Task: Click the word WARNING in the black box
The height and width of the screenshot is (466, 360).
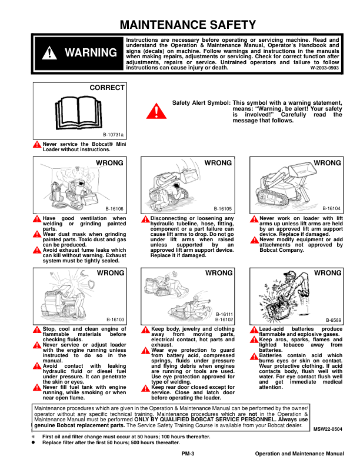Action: click(91, 53)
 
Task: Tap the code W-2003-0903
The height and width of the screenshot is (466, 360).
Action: click(324, 68)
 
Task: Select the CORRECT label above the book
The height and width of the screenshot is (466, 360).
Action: click(107, 88)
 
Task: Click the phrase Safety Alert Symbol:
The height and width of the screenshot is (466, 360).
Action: click(201, 102)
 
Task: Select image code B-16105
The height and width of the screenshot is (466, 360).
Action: click(223, 208)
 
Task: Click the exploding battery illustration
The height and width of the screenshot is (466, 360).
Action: click(285, 297)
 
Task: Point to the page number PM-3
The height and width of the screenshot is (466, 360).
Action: click(188, 454)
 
